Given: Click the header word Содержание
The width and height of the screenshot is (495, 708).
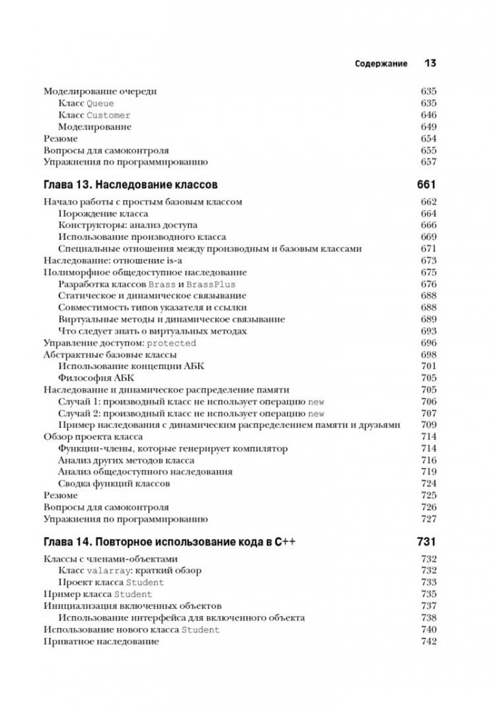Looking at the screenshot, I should coord(380,64).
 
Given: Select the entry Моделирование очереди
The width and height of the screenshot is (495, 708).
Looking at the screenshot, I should coord(100,91).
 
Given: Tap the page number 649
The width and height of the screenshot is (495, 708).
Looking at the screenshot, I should coord(429,127).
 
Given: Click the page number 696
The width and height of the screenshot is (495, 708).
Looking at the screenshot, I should coord(429,342).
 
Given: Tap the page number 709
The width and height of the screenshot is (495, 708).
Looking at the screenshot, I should coord(429,424).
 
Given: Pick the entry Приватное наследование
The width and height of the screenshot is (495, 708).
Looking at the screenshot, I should coord(101,641).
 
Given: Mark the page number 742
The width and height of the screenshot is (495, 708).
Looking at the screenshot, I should coord(429,641).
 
